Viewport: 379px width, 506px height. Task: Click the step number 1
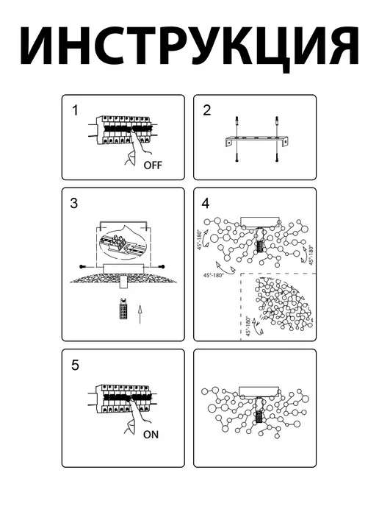[75, 110]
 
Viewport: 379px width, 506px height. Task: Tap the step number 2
[207, 110]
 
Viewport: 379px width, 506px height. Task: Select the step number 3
[73, 203]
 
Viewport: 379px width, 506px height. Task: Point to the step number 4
[206, 203]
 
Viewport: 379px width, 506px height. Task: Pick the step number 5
[75, 365]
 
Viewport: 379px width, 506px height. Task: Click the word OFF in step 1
[153, 165]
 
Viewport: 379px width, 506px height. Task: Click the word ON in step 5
[151, 435]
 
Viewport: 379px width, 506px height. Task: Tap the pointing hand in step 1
[137, 149]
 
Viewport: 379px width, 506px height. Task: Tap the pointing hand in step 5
[137, 418]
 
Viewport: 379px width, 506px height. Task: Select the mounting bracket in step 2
[256, 142]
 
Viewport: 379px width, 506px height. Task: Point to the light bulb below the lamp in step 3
[123, 309]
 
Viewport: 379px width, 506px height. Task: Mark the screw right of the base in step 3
[158, 266]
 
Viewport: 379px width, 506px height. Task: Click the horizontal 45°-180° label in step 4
[213, 275]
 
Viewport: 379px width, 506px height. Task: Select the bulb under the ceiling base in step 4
[260, 246]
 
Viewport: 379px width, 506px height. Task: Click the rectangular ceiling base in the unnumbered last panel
[259, 391]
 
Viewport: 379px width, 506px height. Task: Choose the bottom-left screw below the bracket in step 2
[237, 154]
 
